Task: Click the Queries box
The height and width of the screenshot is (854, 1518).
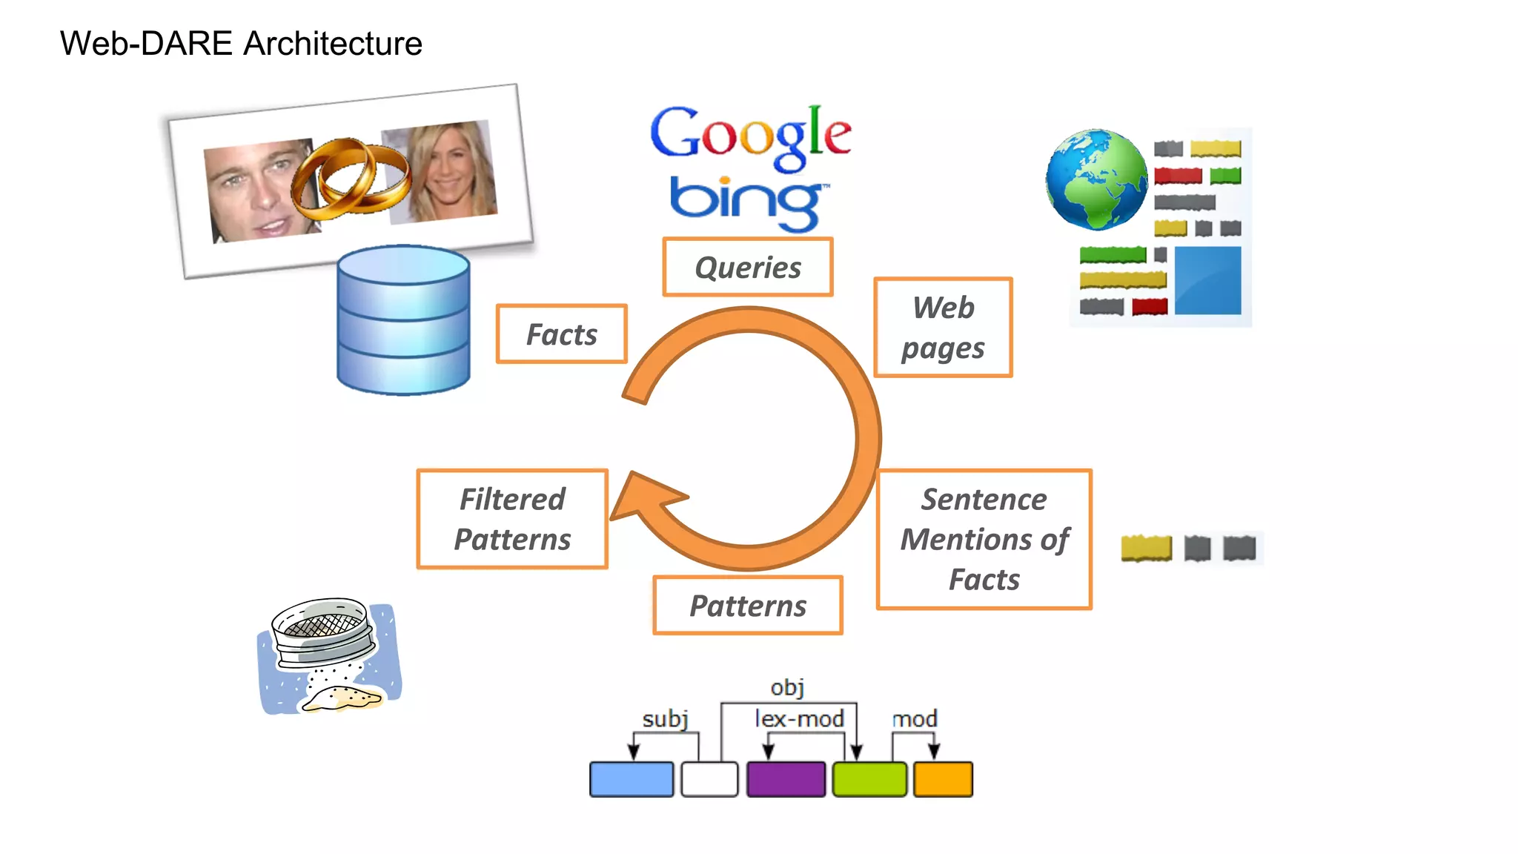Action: [x=748, y=267]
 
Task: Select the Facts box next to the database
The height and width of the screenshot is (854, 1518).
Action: [x=562, y=334]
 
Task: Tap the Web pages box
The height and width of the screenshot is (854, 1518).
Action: [x=943, y=328]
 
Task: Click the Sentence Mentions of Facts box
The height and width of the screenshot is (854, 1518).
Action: [x=984, y=539]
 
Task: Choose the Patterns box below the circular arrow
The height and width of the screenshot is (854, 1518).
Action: [x=748, y=606]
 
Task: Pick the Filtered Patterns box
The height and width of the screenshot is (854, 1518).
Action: [x=512, y=519]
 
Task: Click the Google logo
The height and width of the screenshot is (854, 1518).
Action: [x=750, y=136]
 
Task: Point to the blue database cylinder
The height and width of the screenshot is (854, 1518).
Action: [x=403, y=320]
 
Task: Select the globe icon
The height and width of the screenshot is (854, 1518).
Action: [x=1096, y=179]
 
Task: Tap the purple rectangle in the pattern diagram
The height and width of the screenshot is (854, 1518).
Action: [x=786, y=779]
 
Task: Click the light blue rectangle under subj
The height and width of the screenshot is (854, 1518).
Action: [x=632, y=779]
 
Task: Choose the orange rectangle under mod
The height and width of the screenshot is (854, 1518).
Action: [x=943, y=779]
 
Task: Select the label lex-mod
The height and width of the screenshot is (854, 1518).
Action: [x=799, y=718]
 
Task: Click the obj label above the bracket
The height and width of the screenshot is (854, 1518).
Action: [x=787, y=687]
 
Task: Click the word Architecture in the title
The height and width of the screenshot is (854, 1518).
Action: [x=333, y=43]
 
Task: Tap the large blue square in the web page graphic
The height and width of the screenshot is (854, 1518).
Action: [x=1207, y=280]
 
